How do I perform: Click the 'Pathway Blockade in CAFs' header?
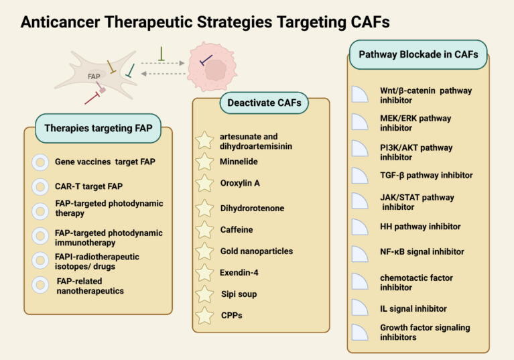pos(418,54)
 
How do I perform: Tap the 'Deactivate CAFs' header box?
pos(264,103)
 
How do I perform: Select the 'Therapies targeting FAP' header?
pos(99,128)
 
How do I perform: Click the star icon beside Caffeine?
pos(204,229)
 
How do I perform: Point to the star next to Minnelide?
pos(204,162)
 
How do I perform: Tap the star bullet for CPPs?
pos(204,315)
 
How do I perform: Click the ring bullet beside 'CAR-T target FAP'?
pos(40,186)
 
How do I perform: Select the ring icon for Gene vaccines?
pos(40,162)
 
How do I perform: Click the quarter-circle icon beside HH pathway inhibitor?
pos(360,227)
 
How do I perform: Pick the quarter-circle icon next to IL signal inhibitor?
pos(360,307)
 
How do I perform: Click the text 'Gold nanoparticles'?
pos(257,251)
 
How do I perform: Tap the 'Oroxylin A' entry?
pos(240,183)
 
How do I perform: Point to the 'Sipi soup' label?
pos(239,294)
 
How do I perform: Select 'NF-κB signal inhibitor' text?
pos(422,252)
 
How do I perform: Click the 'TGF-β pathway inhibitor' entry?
pos(426,176)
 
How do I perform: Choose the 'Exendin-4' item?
pos(239,272)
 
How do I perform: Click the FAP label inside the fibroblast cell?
pos(94,76)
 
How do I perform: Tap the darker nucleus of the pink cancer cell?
pos(215,70)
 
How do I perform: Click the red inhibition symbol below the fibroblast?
pos(92,99)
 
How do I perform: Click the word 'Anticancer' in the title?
pos(60,22)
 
